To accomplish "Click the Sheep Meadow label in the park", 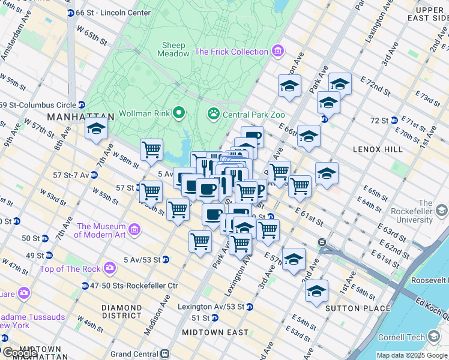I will (x=175, y=49).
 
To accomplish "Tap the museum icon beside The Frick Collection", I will (x=277, y=52).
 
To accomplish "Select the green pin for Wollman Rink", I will (x=178, y=113).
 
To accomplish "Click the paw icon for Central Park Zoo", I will (x=213, y=113).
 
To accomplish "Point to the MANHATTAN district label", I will (x=80, y=117).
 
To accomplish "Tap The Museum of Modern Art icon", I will (x=134, y=230).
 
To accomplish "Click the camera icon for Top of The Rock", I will (x=110, y=268).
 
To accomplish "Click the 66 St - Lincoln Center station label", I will (x=112, y=13).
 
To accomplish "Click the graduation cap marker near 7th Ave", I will (x=95, y=128).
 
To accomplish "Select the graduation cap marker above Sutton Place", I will (x=316, y=292).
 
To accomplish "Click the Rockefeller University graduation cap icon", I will (x=442, y=211).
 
